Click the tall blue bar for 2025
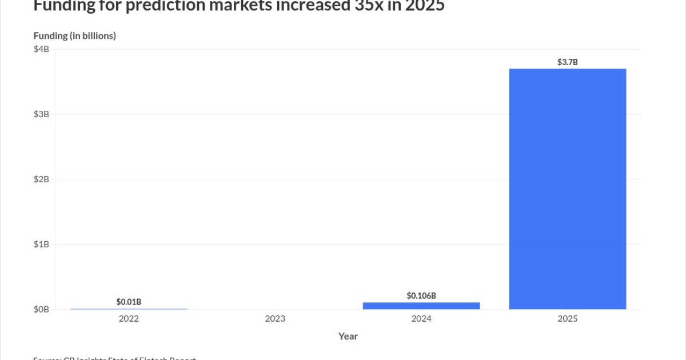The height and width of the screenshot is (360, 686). point(567,189)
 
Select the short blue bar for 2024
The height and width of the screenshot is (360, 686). point(421,306)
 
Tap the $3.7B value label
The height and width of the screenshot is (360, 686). point(567,62)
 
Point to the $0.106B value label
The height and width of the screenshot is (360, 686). point(421,295)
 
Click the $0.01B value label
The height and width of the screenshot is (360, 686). point(129,301)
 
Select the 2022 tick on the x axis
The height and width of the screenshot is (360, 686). point(129,319)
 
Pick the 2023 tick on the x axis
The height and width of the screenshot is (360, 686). point(275,319)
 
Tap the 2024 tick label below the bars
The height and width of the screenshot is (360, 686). point(421,319)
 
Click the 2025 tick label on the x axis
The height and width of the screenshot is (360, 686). point(567,319)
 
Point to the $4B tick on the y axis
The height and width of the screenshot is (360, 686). point(42,49)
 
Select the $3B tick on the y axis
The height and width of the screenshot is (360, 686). point(42,114)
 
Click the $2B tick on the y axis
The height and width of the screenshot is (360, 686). point(42,179)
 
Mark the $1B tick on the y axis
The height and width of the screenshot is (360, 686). point(42,244)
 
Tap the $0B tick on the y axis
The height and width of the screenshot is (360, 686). point(42,309)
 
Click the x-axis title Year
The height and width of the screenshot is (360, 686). point(348,336)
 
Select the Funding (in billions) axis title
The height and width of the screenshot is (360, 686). point(75,35)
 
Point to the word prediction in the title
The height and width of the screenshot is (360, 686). point(160,6)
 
